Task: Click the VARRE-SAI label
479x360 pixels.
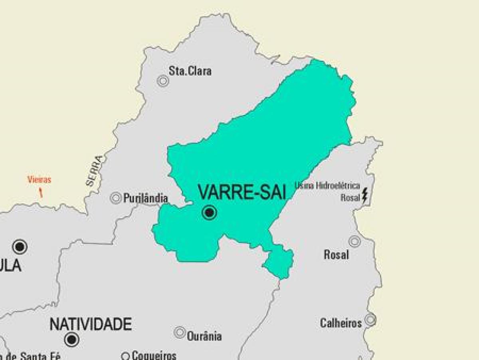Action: point(242,192)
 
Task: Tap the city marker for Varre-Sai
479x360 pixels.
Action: point(209,213)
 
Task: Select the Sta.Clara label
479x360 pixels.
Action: point(190,71)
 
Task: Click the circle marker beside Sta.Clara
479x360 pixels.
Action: point(163,81)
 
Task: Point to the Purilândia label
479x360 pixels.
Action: point(145,198)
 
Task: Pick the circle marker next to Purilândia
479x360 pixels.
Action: point(116,198)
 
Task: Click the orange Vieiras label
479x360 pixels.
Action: point(39,180)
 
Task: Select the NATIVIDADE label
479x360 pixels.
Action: point(91,324)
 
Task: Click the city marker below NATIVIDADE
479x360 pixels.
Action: point(72,340)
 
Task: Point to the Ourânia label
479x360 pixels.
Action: point(204,336)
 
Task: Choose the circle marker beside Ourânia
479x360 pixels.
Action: point(180,332)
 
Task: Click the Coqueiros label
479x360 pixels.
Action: point(154,355)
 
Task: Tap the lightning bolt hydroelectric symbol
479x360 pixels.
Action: point(364,195)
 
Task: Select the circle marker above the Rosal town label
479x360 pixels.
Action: point(354,241)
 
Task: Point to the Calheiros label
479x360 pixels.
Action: point(341,323)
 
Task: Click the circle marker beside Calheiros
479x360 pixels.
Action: point(370,319)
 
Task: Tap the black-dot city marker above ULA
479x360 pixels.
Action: point(20,247)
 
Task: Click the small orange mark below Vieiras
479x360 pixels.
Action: point(40,193)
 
